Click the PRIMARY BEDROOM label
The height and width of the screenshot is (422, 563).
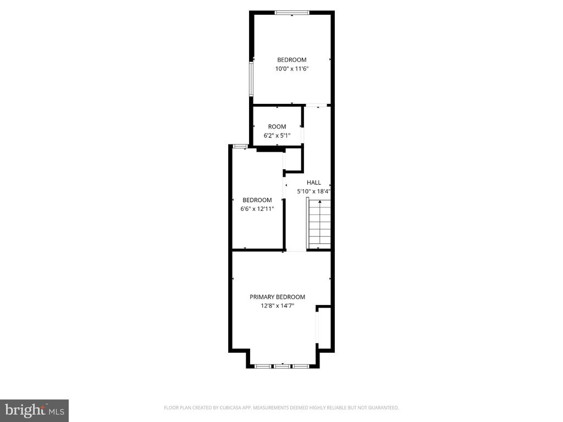tap(277, 297)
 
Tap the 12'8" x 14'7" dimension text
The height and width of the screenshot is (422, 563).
tap(277, 306)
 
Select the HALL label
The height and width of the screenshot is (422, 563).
tap(314, 182)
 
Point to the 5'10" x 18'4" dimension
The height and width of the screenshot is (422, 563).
tap(313, 191)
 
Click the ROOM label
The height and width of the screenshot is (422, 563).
tap(277, 126)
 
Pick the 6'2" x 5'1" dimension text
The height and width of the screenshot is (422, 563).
tap(277, 135)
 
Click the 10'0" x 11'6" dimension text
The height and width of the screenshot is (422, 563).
tap(292, 69)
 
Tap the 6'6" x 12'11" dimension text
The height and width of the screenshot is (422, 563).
tap(257, 208)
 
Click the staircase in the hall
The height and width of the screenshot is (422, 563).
tap(319, 223)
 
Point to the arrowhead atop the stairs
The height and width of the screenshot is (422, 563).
tap(319, 202)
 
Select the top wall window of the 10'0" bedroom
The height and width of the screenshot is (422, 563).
tap(292, 13)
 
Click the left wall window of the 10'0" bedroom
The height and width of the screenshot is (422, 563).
tap(251, 79)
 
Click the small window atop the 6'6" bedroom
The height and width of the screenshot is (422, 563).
tap(240, 146)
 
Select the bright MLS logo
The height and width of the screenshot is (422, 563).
tap(35, 410)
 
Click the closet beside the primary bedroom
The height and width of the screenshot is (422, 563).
tap(324, 327)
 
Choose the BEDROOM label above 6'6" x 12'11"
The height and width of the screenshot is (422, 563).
tap(257, 200)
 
